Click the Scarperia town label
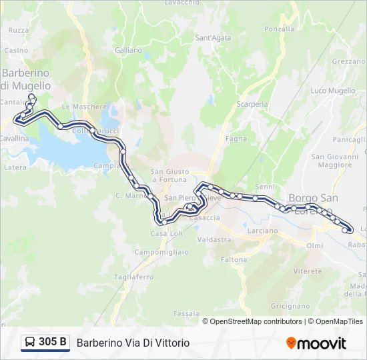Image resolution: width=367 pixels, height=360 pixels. click(252, 104)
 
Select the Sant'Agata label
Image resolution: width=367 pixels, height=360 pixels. click(213, 38)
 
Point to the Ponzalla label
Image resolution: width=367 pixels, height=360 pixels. click(279, 29)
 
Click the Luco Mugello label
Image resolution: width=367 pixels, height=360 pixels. click(333, 91)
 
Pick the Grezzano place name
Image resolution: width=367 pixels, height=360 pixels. click(348, 61)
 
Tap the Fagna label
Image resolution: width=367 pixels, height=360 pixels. click(236, 139)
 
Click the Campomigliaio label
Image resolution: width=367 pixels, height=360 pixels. click(161, 252)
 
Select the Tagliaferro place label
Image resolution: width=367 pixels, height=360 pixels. click(133, 277)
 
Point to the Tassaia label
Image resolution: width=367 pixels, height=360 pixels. click(186, 313)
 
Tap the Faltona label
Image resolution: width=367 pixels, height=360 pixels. click(234, 260)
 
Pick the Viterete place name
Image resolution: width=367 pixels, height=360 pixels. click(308, 271)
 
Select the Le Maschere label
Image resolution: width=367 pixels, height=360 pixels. click(84, 106)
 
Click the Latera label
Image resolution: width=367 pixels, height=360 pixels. click(15, 167)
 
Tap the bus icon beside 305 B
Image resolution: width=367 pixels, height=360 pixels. click(30, 343)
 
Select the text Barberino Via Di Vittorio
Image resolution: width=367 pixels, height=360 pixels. click(133, 343)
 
